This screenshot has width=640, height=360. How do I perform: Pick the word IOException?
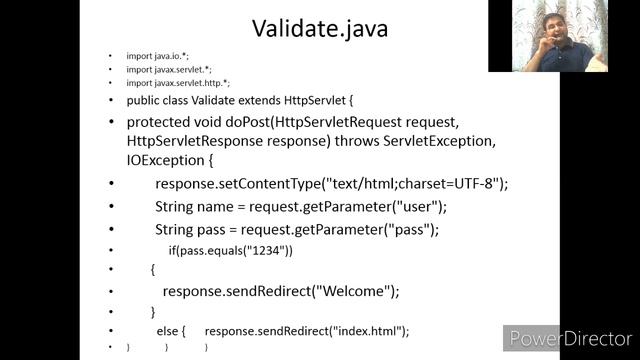(161, 160)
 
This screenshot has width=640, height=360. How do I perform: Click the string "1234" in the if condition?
(262, 249)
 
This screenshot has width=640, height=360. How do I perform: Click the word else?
(166, 331)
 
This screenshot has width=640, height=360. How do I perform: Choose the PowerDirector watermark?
(571, 339)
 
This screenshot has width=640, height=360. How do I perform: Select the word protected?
(163, 122)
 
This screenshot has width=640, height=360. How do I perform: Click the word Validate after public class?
(211, 101)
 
